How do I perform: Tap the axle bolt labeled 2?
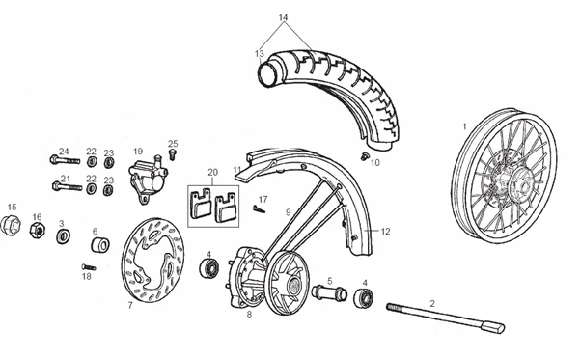click(446, 318)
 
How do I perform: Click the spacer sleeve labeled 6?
click(100, 245)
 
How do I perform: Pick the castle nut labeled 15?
click(10, 225)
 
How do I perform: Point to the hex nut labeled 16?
click(37, 230)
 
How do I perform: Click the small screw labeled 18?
click(89, 267)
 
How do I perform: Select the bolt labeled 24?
click(65, 160)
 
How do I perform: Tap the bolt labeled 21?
click(67, 186)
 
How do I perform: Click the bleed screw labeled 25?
click(172, 153)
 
